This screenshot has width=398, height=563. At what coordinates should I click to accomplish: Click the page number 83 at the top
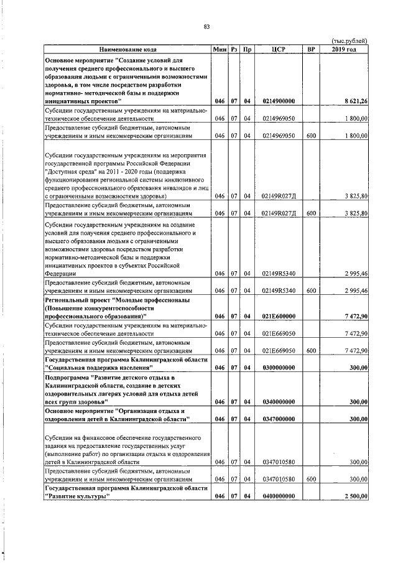(206, 26)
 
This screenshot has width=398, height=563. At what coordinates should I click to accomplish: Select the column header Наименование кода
(127, 49)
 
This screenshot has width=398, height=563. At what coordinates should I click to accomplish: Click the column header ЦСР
(278, 49)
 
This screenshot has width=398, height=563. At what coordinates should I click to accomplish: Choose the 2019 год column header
(344, 49)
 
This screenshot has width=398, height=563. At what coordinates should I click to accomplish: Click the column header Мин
(219, 49)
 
